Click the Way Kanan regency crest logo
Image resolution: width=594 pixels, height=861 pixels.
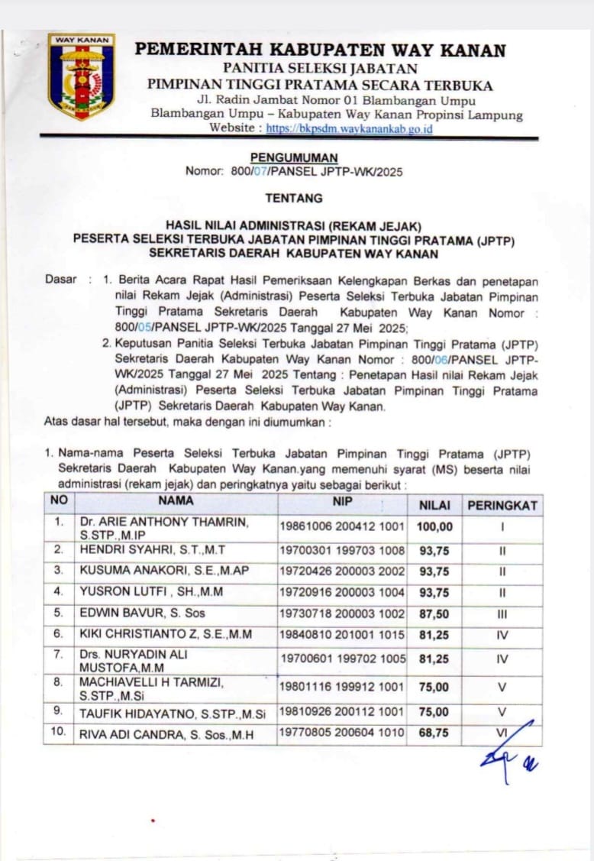[x=81, y=76]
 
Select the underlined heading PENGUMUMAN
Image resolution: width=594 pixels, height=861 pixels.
[x=294, y=158]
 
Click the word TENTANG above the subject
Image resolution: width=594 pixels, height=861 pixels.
[x=294, y=198]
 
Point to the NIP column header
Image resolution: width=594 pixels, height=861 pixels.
[x=343, y=503]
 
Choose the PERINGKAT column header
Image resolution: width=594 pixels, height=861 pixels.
[x=502, y=505]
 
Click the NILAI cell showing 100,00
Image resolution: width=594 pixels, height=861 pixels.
[x=434, y=526]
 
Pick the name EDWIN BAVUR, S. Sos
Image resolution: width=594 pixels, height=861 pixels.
[x=142, y=613]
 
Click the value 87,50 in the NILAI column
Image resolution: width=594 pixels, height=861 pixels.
[x=434, y=613]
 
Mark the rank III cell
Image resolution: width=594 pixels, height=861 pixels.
[x=502, y=613]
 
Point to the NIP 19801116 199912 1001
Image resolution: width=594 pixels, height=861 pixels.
[x=343, y=687]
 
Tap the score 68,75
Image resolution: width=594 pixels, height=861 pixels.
[x=434, y=734]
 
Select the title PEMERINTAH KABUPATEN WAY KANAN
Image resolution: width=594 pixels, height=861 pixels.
[x=320, y=50]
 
